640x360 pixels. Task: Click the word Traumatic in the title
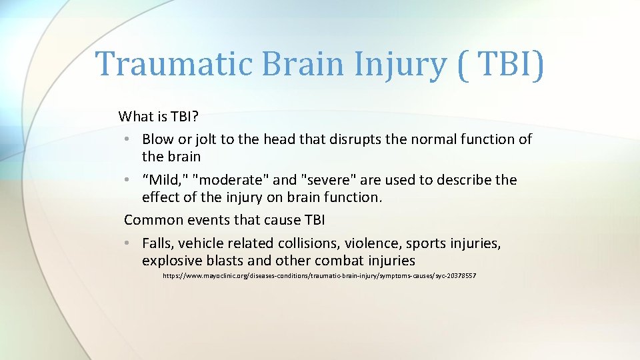pos(174,64)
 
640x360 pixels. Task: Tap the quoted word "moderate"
pos(224,180)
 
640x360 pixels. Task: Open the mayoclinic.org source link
pos(319,276)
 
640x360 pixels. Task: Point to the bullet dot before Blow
pos(127,140)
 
